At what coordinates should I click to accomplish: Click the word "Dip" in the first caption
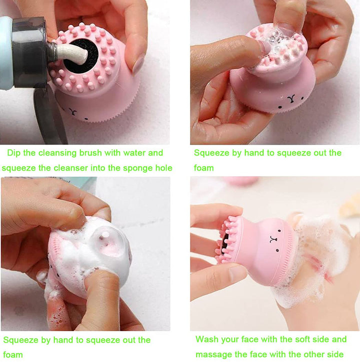(x=13, y=153)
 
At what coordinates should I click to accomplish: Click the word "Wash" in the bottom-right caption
(x=207, y=339)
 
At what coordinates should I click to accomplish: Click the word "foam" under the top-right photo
(x=203, y=168)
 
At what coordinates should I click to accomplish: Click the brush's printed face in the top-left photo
(x=79, y=111)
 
